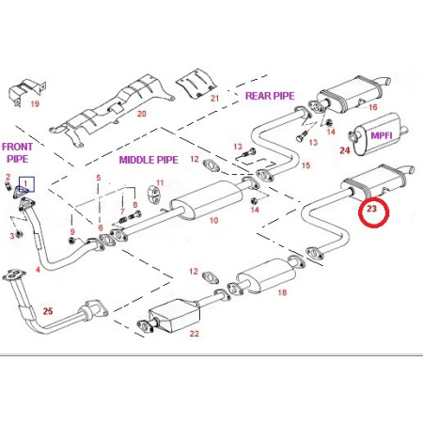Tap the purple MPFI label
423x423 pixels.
pos(384,134)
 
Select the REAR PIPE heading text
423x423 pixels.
pos(270,95)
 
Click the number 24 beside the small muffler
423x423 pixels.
pos(344,149)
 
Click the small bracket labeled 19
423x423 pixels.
pos(21,93)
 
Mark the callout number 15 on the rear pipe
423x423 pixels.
pos(305,165)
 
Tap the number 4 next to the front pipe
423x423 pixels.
pos(37,271)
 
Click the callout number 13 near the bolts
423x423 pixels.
pos(235,147)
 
